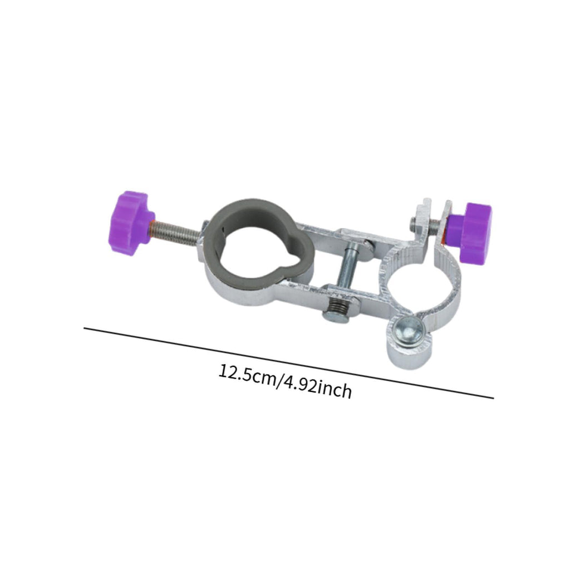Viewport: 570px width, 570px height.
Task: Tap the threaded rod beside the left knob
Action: coord(177,233)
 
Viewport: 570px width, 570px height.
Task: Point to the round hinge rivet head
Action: coord(410,333)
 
